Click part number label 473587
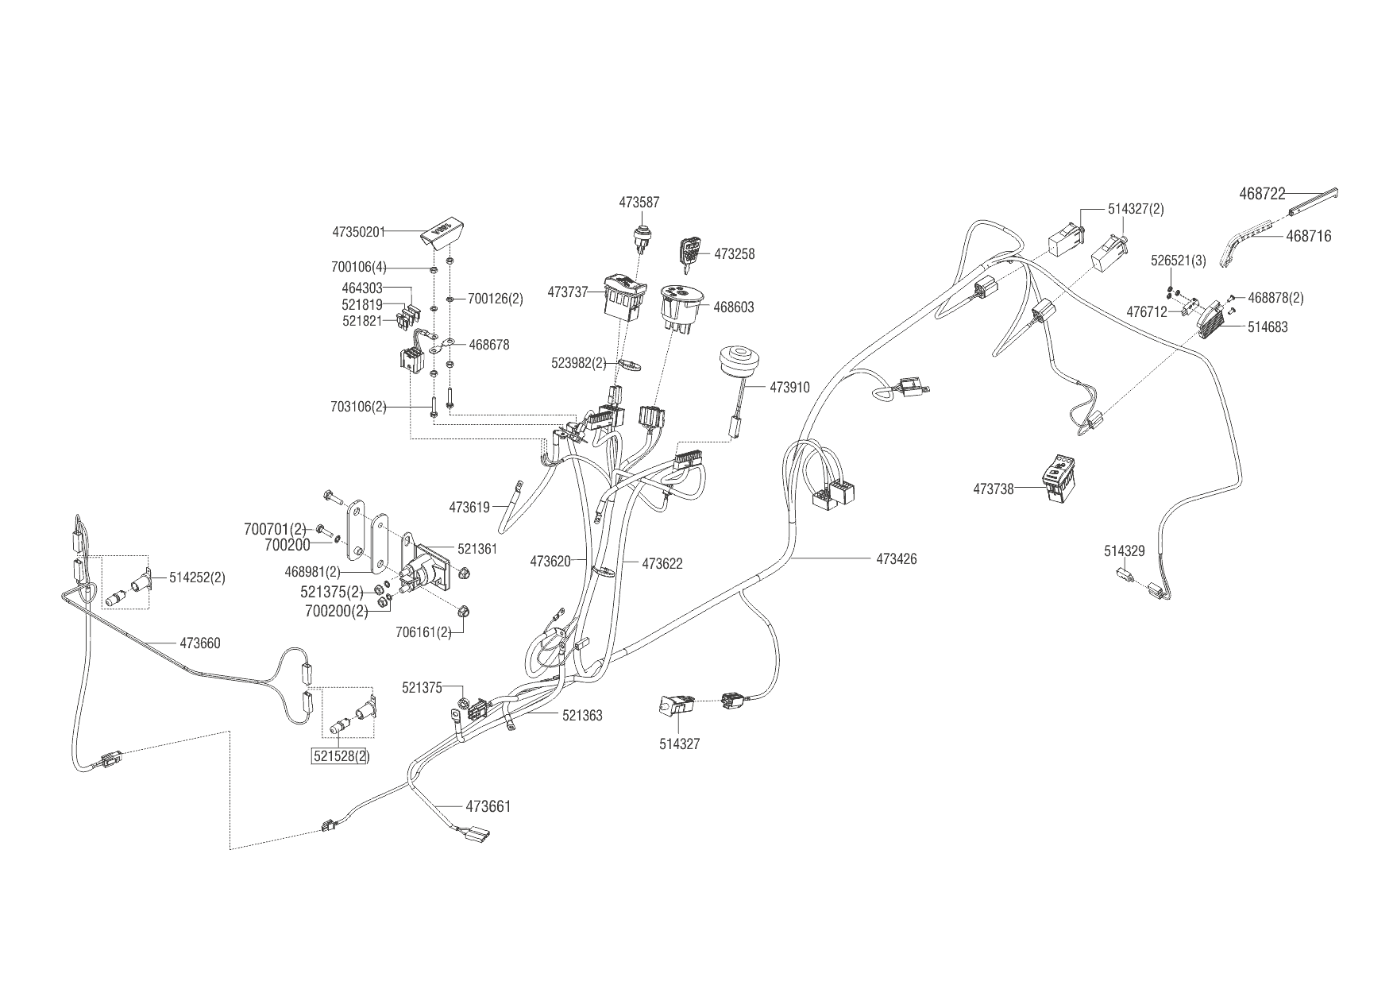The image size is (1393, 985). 639,203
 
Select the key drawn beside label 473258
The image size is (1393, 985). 689,253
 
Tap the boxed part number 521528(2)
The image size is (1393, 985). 340,756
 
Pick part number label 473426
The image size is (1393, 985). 896,559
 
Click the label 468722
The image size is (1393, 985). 1262,193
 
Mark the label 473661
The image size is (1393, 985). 488,807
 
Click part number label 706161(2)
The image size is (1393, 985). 423,632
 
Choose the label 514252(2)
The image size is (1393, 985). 197,577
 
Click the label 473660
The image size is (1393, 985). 200,643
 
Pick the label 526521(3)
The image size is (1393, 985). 1179,261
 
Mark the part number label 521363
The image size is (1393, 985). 582,716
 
